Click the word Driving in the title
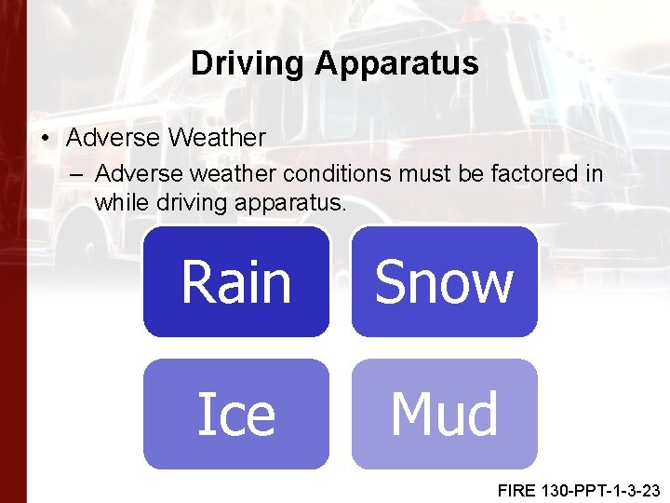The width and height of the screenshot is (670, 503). coord(248,63)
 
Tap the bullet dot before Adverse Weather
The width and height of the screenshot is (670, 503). coord(47,139)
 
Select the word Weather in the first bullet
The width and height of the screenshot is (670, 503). coord(217,138)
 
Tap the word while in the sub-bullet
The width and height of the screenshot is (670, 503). coord(118,201)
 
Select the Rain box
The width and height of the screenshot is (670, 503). coord(236,281)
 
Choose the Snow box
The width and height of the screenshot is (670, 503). coord(444,281)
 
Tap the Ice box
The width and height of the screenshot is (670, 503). coord(236,414)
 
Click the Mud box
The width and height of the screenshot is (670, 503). coord(444,414)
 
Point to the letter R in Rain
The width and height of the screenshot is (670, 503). coord(195,283)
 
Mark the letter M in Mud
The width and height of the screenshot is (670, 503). coord(409,415)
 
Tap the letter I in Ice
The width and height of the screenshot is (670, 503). coord(203,415)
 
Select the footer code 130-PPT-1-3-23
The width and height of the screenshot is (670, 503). coord(601,489)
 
